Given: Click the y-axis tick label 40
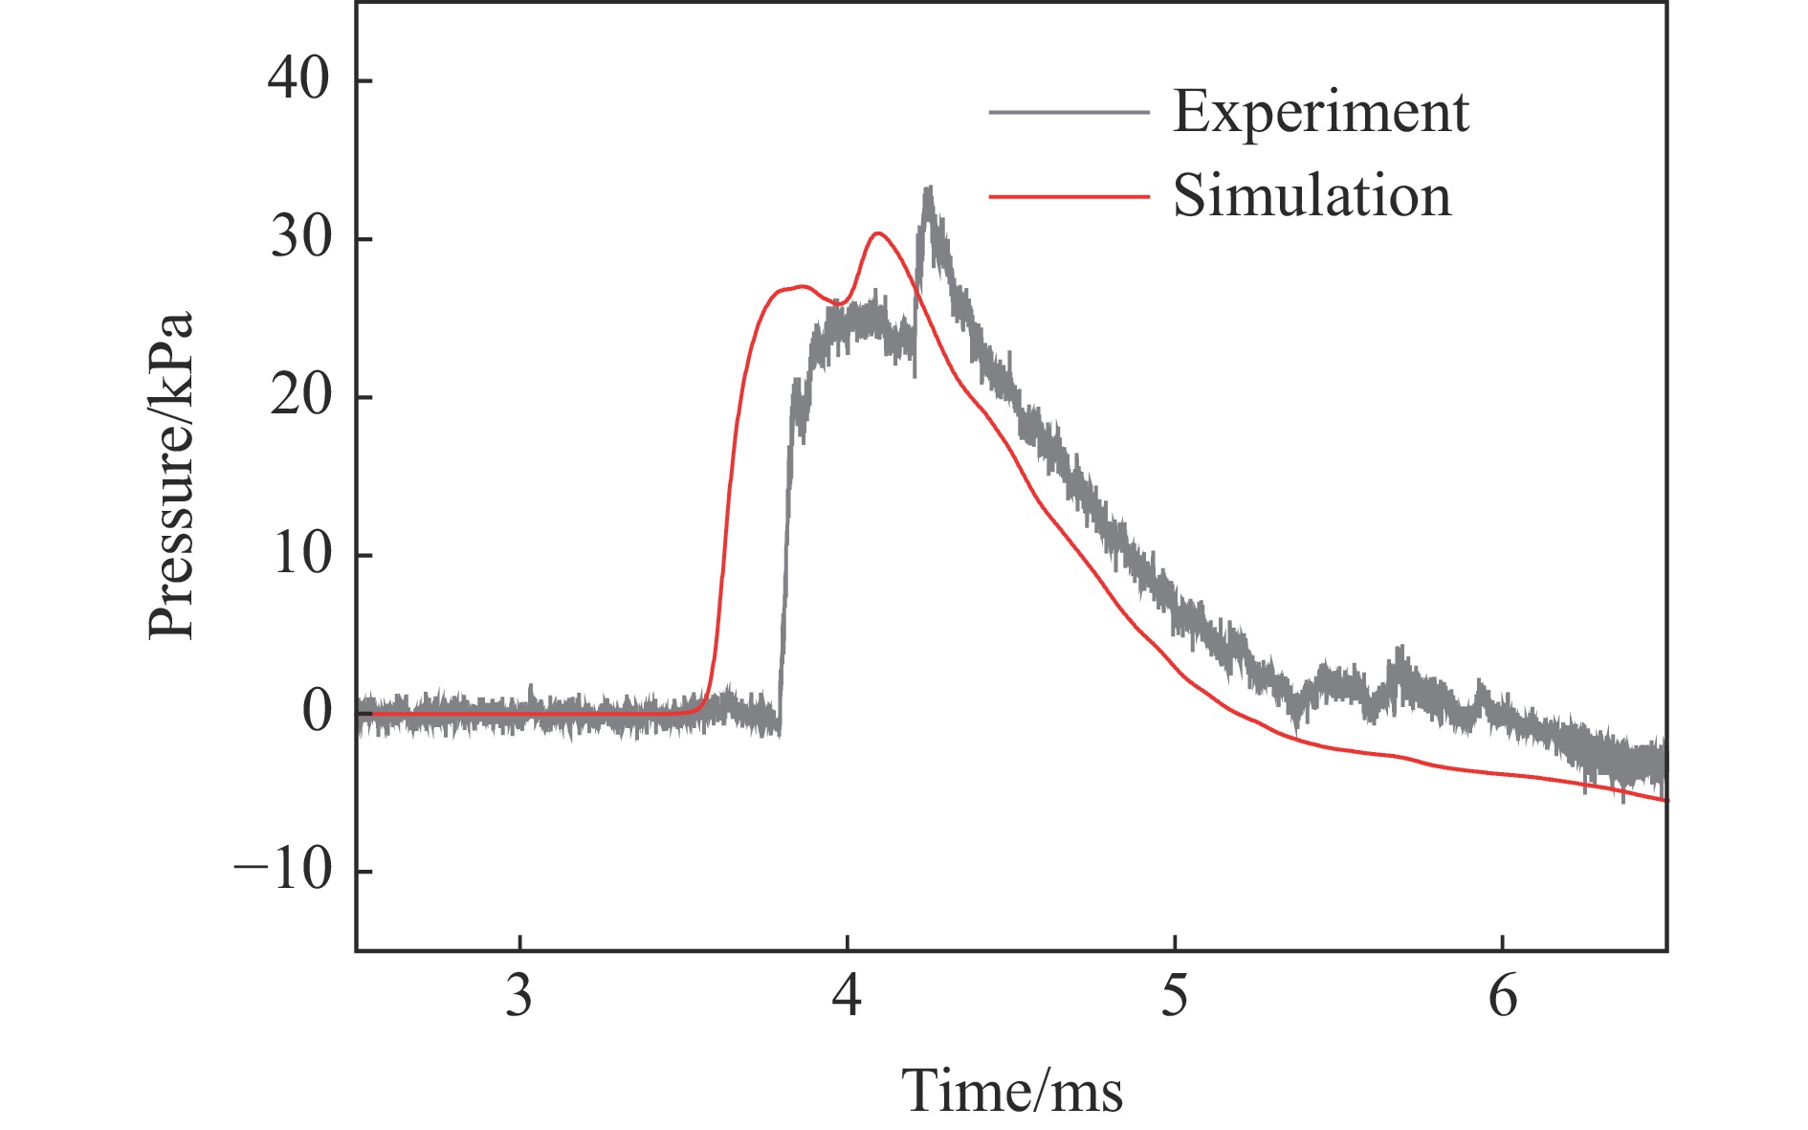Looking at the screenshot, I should point(298,79).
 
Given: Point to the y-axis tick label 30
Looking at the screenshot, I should point(300,238).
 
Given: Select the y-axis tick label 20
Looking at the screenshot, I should point(300,396).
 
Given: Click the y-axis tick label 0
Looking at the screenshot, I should point(317,712).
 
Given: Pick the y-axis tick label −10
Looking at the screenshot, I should point(283,871).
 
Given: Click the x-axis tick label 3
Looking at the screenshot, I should point(519,997).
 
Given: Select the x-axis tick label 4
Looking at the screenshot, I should point(847,997).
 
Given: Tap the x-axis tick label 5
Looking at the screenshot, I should point(1175,997).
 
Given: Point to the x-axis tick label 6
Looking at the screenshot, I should point(1503,997).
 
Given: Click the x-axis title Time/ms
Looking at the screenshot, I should point(1012,1091).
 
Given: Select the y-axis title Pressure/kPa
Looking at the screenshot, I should point(172,476).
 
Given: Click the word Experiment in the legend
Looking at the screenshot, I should point(1321,113).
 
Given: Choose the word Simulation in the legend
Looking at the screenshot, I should point(1312,197).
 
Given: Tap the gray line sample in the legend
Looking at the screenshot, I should point(1069,112).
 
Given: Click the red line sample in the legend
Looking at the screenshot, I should point(1069,196).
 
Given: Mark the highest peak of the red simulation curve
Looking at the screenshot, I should point(878,233).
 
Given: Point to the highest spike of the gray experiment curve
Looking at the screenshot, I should point(927,188).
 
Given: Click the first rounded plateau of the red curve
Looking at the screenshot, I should point(802,286).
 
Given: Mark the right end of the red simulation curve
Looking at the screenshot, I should point(1665,800).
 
